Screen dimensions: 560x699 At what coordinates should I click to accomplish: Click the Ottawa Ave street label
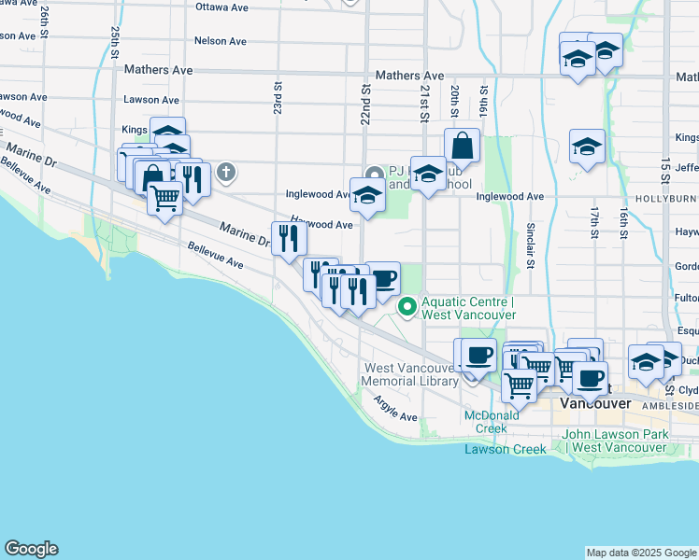221,7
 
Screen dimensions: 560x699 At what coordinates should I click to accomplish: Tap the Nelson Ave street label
221,41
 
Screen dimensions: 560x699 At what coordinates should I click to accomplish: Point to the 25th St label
114,43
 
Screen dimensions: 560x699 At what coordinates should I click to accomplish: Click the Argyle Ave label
394,408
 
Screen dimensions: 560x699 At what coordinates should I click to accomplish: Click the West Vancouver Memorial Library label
410,374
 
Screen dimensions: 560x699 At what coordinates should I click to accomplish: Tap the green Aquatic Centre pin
407,306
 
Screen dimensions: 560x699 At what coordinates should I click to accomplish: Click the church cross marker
225,172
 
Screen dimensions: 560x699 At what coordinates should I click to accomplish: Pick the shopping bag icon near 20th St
462,145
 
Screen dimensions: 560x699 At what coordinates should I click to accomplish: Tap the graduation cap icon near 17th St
587,146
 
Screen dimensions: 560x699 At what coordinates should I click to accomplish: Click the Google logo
31,549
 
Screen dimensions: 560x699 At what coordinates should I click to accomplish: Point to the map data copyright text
641,553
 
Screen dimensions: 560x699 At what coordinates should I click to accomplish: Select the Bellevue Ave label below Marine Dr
215,253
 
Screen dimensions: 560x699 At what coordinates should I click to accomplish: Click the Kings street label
136,130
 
